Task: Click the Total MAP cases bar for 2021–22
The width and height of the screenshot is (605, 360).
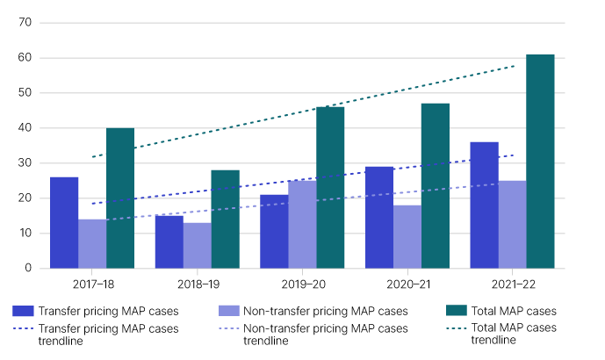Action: point(540,162)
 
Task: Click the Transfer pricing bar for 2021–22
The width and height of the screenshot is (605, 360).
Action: point(484,205)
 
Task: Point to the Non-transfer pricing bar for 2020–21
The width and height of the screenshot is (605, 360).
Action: point(407,236)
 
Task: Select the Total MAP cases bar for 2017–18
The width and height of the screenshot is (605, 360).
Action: point(120,198)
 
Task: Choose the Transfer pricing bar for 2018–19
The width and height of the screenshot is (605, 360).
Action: point(169,241)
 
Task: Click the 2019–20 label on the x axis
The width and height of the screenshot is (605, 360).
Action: point(302,284)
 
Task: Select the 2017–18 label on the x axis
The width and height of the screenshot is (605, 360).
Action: point(92,284)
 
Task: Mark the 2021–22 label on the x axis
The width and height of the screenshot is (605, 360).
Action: point(512,284)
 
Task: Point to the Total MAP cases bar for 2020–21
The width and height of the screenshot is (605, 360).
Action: point(435,185)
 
